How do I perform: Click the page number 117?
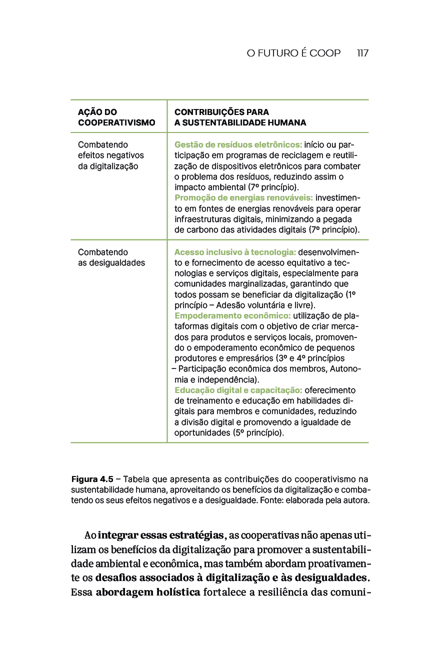pyautogui.click(x=362, y=53)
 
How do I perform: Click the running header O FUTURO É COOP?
pyautogui.click(x=293, y=53)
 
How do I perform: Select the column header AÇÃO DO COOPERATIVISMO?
pyautogui.click(x=116, y=117)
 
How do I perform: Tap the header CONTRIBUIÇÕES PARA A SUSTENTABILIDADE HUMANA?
pyautogui.click(x=240, y=117)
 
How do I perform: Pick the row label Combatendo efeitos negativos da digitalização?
pyautogui.click(x=110, y=155)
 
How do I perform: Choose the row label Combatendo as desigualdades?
pyautogui.click(x=111, y=257)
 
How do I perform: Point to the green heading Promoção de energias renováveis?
pyautogui.click(x=243, y=197)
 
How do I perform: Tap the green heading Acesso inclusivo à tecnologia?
pyautogui.click(x=235, y=252)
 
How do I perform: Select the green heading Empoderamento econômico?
pyautogui.click(x=232, y=316)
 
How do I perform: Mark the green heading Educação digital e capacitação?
pyautogui.click(x=238, y=390)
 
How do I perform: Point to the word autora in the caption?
pyautogui.click(x=356, y=499)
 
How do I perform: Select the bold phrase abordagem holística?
pyautogui.click(x=148, y=593)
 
